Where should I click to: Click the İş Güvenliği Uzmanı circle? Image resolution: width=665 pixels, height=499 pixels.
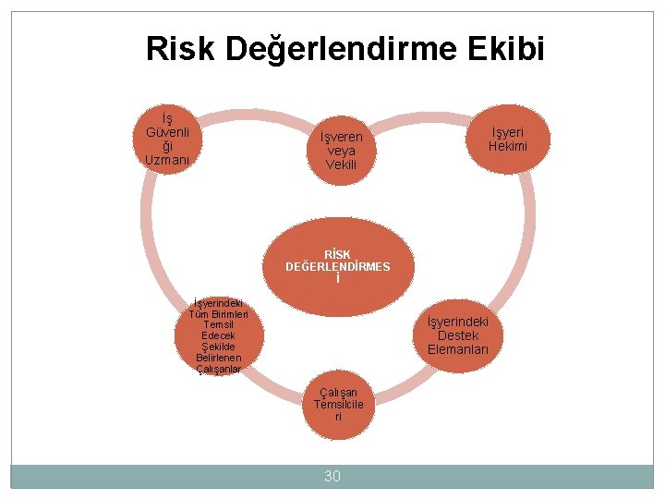point(167,140)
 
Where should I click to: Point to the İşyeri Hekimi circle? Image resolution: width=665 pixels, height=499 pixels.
point(506,140)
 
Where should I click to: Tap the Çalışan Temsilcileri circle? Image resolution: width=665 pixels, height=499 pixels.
point(338,405)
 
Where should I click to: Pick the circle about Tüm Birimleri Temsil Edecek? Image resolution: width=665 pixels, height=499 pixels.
point(219,335)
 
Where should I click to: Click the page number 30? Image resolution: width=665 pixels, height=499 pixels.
point(332,476)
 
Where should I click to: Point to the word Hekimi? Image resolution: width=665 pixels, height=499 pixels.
point(506,147)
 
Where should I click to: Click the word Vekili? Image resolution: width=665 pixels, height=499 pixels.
point(341,165)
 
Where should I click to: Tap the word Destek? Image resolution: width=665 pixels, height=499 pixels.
point(458,335)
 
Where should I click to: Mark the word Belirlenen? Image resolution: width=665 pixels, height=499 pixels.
point(219,358)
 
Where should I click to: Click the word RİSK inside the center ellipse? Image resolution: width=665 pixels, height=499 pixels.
point(337,254)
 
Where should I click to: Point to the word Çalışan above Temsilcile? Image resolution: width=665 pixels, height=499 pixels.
point(338,392)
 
